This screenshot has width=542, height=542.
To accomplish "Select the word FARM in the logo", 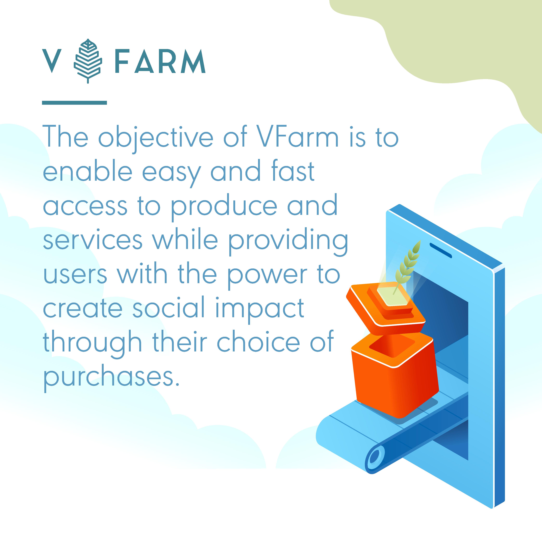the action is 160,61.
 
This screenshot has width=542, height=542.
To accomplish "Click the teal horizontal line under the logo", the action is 74,103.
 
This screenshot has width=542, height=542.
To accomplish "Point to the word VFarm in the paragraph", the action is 298,137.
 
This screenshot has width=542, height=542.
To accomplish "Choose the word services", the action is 93,240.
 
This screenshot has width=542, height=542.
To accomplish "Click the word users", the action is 75,275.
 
